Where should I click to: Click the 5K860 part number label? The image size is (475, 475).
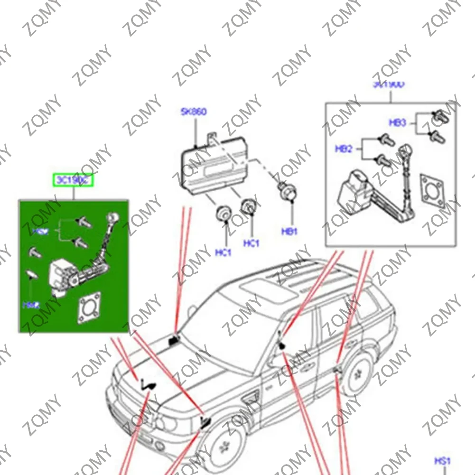click(193, 112)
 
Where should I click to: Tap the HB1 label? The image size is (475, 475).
click(289, 232)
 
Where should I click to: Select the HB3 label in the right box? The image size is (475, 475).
click(398, 122)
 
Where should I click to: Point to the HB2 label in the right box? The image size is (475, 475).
click(344, 149)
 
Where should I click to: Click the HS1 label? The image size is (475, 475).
click(442, 460)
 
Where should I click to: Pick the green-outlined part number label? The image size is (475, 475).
click(73, 180)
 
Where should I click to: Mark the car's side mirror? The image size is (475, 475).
click(282, 346)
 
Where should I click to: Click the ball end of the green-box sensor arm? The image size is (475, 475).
click(112, 217)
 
